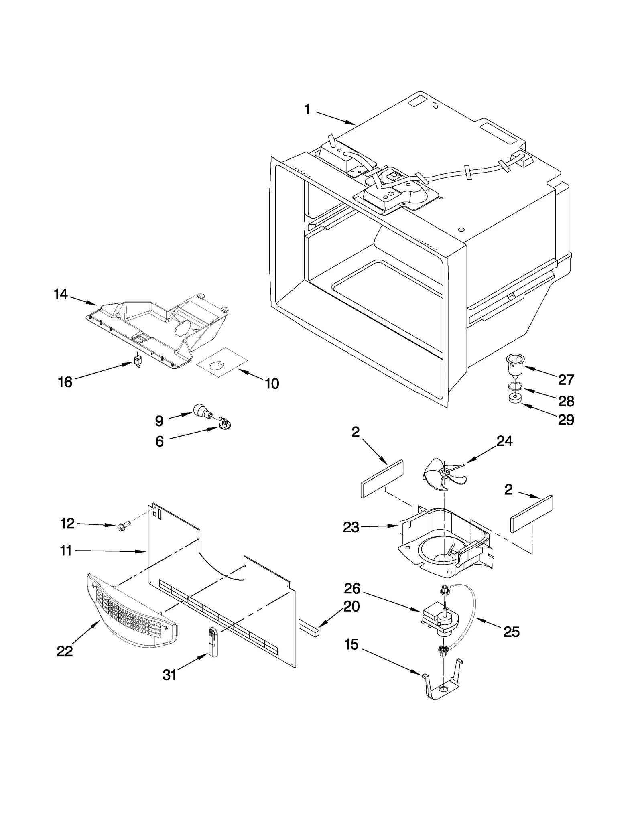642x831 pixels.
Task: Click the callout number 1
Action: point(307,109)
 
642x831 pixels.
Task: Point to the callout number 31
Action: point(169,675)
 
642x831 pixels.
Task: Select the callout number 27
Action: point(566,380)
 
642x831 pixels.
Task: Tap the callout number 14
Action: point(61,294)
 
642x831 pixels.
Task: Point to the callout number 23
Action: point(351,527)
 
